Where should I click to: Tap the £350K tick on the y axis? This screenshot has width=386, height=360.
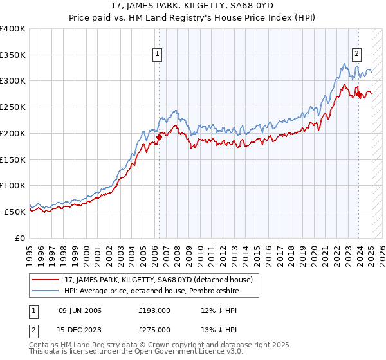[x=13, y=55]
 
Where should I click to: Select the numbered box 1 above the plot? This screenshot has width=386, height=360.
[x=158, y=55]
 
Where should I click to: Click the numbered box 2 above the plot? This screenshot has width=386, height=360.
[x=356, y=55]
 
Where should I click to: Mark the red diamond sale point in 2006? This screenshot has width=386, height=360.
[x=159, y=137]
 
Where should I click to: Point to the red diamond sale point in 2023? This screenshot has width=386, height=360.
[x=358, y=94]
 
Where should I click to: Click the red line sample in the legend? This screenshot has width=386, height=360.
[x=46, y=280]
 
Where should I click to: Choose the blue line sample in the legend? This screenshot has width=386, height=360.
[x=46, y=291]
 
